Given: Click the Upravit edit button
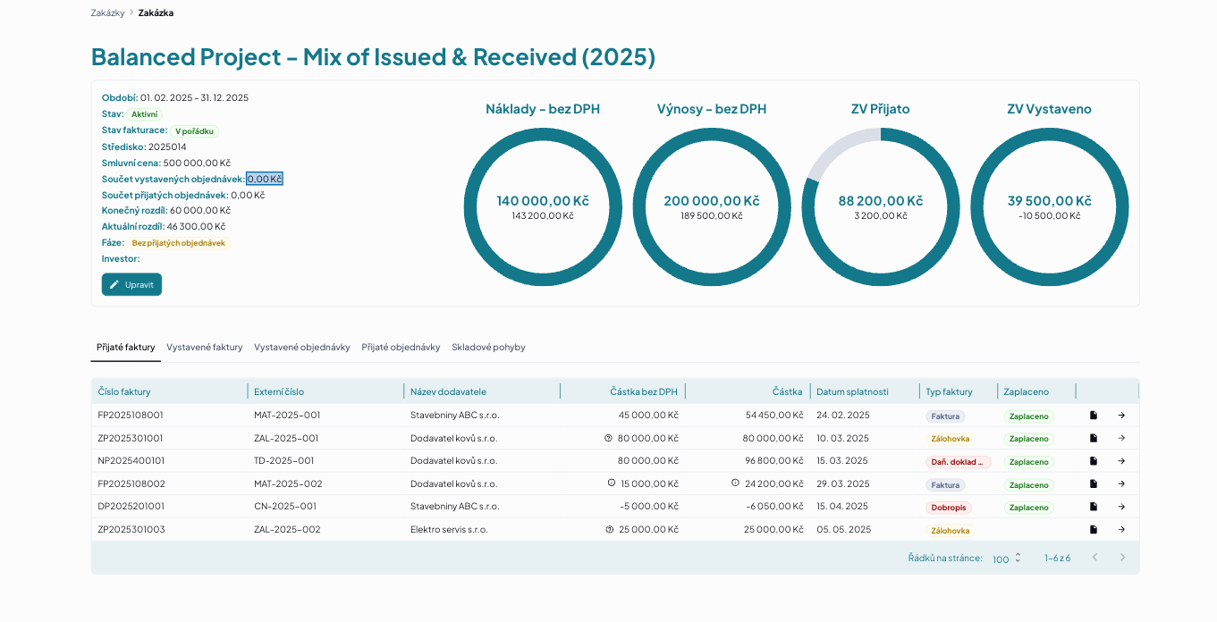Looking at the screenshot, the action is pyautogui.click(x=131, y=284).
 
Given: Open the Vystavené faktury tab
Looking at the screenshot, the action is pyautogui.click(x=204, y=347).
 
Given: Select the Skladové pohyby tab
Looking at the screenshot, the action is pyautogui.click(x=488, y=347).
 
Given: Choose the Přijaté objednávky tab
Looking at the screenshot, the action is pyautogui.click(x=401, y=347).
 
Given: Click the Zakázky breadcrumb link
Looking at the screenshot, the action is pyautogui.click(x=107, y=13).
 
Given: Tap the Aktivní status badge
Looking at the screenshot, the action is pyautogui.click(x=145, y=114).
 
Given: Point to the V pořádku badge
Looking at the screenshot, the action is pyautogui.click(x=195, y=130).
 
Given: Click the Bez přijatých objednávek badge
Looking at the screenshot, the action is pyautogui.click(x=178, y=242).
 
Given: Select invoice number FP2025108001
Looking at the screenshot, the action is pyautogui.click(x=131, y=416).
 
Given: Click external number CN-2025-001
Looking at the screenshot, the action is pyautogui.click(x=285, y=507).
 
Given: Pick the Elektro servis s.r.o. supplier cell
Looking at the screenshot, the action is pyautogui.click(x=449, y=529).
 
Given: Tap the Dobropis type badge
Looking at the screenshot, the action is pyautogui.click(x=949, y=508).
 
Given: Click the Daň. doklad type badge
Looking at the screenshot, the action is pyautogui.click(x=958, y=462).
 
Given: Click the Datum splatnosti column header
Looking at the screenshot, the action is pyautogui.click(x=852, y=391).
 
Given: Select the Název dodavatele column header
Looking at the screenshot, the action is pyautogui.click(x=448, y=391).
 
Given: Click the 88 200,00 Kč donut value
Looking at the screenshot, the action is pyautogui.click(x=880, y=201).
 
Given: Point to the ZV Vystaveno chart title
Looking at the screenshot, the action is pyautogui.click(x=1049, y=108).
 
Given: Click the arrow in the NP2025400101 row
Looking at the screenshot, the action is pyautogui.click(x=1121, y=461).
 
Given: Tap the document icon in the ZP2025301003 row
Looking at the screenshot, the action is pyautogui.click(x=1094, y=529).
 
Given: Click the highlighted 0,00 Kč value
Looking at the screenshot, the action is pyautogui.click(x=265, y=179).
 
